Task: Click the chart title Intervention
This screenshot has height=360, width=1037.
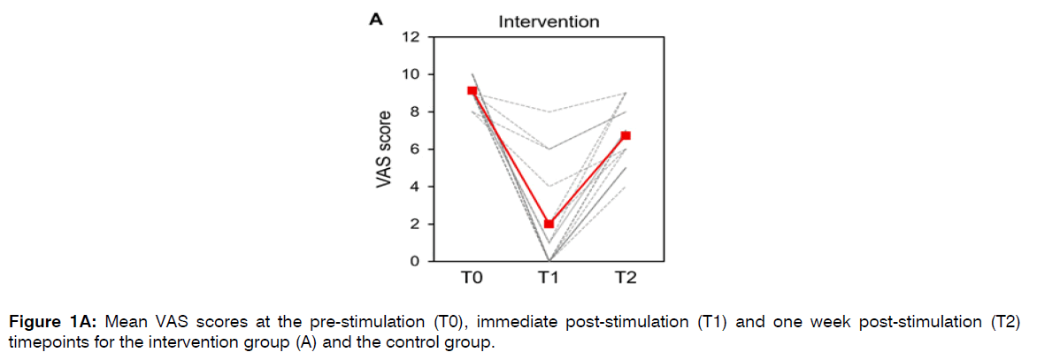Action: coord(548,20)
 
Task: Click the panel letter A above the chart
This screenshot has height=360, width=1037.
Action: coord(375,20)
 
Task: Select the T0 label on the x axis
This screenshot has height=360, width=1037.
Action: coord(472,280)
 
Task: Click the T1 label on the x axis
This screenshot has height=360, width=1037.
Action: coord(549,280)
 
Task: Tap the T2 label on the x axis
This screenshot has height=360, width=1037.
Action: coord(625,280)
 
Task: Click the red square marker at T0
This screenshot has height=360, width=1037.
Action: coord(472,91)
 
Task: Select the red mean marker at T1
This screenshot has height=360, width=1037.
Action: coord(549,224)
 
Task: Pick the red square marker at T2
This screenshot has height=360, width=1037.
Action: coord(625,135)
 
